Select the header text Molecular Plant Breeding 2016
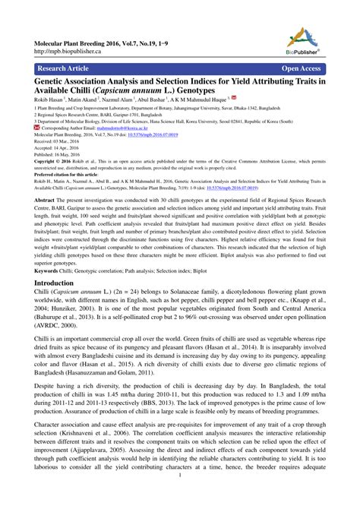(84, 36)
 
